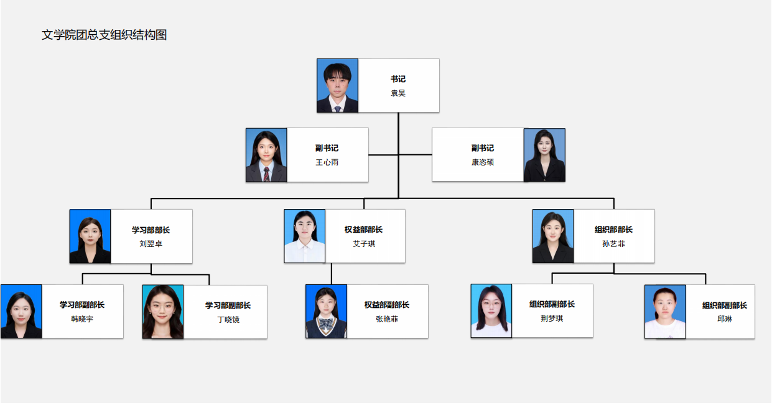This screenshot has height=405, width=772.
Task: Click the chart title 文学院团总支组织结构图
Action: coord(104,35)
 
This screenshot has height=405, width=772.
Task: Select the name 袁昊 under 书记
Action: coord(398,93)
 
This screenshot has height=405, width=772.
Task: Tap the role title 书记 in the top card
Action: coord(398,79)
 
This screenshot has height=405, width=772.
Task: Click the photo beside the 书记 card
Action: coord(337,86)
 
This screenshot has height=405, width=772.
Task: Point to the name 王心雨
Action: coord(327,162)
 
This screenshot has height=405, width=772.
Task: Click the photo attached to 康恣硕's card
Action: coord(544,155)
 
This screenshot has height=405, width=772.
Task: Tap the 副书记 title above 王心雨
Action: coord(327,148)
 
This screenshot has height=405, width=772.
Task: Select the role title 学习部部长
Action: coord(151,230)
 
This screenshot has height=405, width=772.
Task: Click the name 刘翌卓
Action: coord(151,244)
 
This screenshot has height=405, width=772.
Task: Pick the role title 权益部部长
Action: coord(364,230)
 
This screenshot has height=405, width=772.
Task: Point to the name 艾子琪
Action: coord(364,244)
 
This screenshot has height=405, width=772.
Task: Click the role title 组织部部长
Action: coord(613,230)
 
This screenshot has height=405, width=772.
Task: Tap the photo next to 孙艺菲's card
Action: coord(553,236)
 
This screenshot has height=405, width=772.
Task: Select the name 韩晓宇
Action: coord(82,319)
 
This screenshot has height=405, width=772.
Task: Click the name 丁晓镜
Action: coord(228,320)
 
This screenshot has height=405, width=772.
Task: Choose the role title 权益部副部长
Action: coord(387,305)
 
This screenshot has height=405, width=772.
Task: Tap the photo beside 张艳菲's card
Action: coord(326,312)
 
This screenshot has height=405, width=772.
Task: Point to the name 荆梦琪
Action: coord(552,319)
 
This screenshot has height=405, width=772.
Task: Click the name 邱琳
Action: coord(725,319)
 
